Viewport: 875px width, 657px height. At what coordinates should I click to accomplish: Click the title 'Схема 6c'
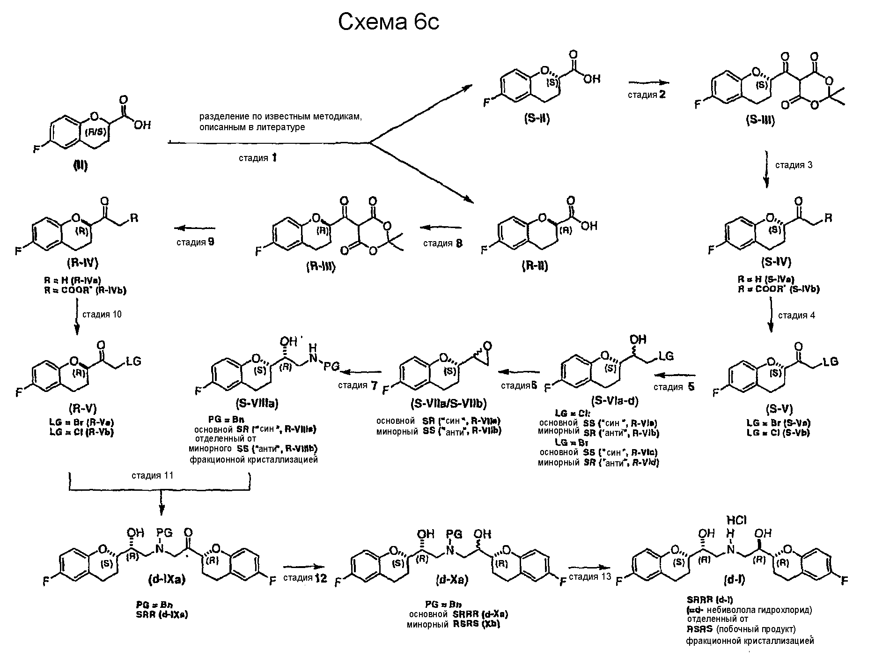point(389,22)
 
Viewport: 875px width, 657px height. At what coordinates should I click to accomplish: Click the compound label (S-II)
point(537,119)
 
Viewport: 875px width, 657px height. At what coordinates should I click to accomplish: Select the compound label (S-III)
point(760,120)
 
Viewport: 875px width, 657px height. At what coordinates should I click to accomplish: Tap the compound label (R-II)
point(535,266)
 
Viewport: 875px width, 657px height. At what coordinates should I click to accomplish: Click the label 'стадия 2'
point(647,95)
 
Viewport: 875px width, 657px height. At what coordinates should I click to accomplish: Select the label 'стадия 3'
point(794,165)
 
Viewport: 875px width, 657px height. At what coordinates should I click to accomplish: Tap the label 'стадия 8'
point(442,243)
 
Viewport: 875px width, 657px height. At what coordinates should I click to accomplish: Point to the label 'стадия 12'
point(305,577)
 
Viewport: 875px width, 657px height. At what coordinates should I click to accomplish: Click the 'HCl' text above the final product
point(736,520)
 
